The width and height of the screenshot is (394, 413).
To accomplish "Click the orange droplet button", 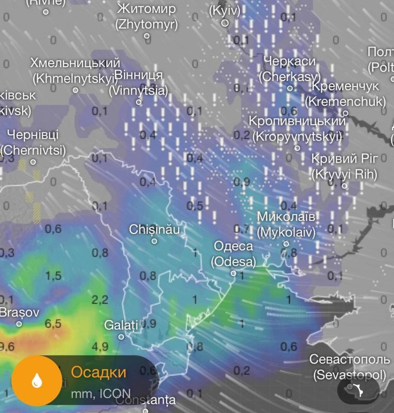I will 37,381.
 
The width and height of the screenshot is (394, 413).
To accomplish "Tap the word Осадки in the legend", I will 98,372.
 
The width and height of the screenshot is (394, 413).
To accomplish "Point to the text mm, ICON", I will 101,394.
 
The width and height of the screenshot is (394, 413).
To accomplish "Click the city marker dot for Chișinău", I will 154,241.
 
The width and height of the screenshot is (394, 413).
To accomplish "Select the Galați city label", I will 121,325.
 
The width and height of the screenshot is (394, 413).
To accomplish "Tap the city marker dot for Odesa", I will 233,274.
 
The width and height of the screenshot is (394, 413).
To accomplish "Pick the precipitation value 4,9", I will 100,346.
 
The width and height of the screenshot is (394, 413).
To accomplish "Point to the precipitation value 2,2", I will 100,299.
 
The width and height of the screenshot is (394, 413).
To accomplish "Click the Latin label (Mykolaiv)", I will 286,232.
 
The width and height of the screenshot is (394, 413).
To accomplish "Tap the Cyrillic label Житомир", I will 147,9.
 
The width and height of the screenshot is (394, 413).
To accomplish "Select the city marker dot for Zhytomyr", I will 147,36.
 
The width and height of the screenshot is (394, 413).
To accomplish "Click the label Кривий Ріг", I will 344,158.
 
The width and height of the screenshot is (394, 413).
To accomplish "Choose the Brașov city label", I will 19,312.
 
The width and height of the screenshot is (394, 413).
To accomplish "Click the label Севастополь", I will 350,359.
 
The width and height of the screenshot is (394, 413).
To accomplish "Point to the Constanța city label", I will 145,400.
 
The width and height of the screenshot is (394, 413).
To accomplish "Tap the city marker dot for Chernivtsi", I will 34,162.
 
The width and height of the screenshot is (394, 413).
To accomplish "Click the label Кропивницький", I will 297,121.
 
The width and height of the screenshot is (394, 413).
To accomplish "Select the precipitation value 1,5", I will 53,276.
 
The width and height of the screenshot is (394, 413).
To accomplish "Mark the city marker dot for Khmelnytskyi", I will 75,90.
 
